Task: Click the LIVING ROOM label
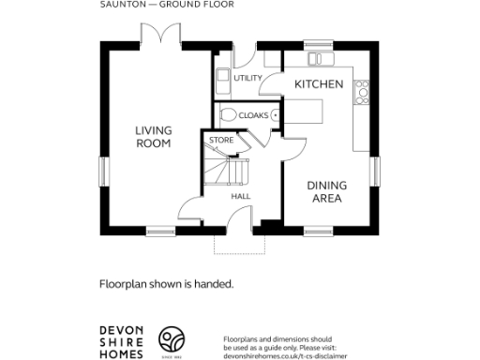click(152, 137)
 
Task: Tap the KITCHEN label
click(319, 84)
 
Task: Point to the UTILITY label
click(248, 78)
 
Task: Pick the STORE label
click(221, 141)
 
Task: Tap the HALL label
click(240, 197)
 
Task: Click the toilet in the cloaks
click(228, 115)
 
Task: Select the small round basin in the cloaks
click(276, 115)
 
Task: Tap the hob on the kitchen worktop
click(362, 90)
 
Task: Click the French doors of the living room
click(158, 37)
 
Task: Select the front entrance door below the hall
click(243, 217)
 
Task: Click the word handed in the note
click(216, 282)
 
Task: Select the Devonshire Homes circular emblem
click(171, 339)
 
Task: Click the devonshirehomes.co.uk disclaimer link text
click(285, 355)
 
